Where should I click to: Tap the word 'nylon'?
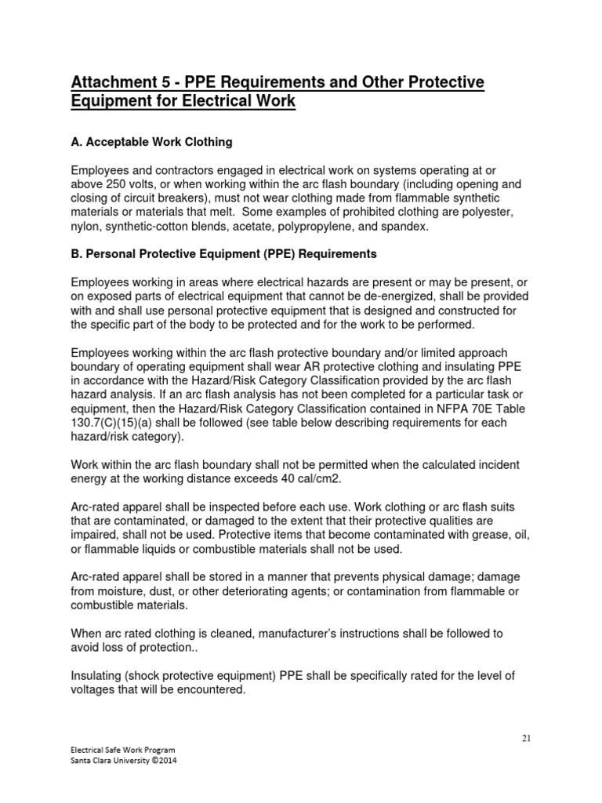tap(87, 227)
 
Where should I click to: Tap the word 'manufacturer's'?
tap(314, 633)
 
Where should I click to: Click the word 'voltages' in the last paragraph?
tap(97, 689)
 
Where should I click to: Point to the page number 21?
tap(526, 739)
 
